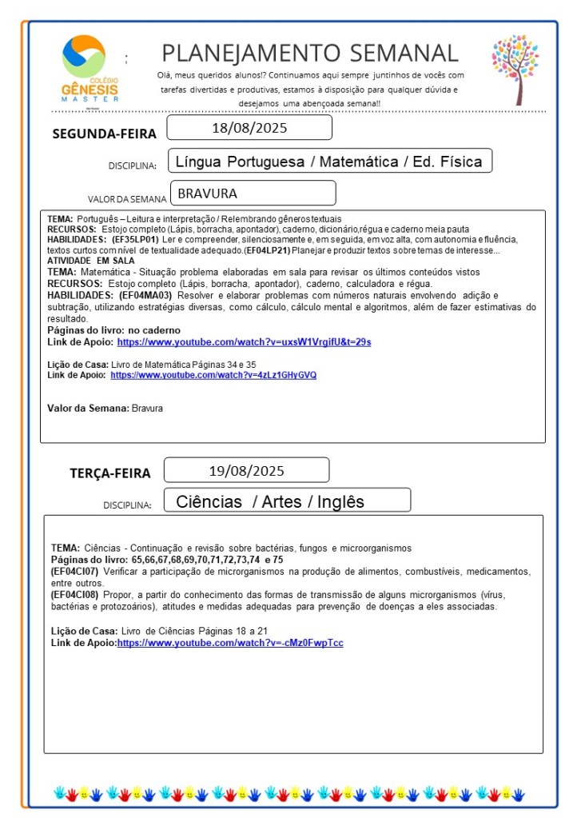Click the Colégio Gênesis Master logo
click(90, 67)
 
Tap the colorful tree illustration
click(515, 68)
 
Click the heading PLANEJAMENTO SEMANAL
click(310, 54)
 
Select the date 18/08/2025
click(249, 128)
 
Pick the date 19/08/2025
click(246, 470)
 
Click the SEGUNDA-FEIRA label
click(104, 134)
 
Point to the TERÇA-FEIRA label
click(109, 473)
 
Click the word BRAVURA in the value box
click(207, 194)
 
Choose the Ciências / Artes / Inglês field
click(269, 501)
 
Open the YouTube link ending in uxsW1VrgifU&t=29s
click(244, 342)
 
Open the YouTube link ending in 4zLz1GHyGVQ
click(213, 375)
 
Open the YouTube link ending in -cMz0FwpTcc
click(230, 643)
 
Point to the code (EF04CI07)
click(74, 572)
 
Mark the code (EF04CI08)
click(74, 596)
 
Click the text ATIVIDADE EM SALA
click(91, 261)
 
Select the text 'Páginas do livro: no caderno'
click(113, 330)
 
